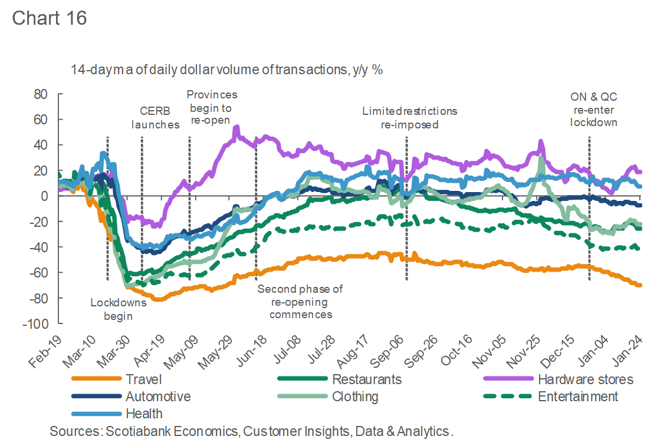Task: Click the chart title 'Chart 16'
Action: pyautogui.click(x=49, y=18)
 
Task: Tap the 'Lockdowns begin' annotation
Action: pyautogui.click(x=117, y=309)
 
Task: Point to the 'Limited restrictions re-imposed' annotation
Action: pyautogui.click(x=409, y=117)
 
